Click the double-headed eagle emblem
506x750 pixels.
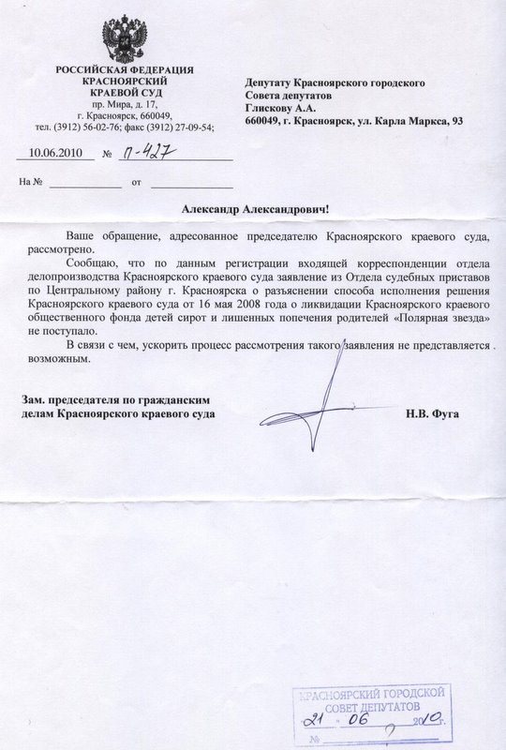click(x=124, y=37)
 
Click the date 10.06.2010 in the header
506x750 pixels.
click(x=56, y=152)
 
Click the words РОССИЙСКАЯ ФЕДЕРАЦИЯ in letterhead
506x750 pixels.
click(x=125, y=71)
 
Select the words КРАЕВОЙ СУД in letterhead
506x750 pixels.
click(x=124, y=94)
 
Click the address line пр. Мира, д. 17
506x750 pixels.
click(x=124, y=105)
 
